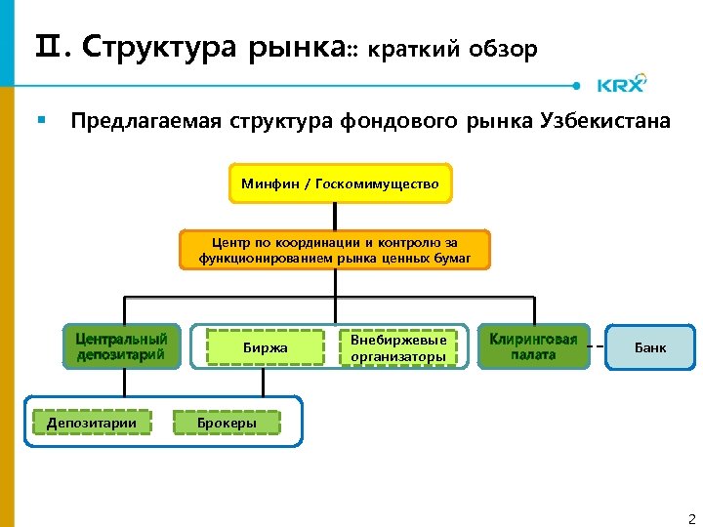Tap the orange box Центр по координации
pos(335,250)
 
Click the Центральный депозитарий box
pos(122,346)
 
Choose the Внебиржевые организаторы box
pos(398,347)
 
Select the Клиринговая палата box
pos(533,346)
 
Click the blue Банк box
pos(650,347)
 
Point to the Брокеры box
pos(227,423)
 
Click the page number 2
pos(691,518)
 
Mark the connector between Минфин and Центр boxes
pos(335,217)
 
